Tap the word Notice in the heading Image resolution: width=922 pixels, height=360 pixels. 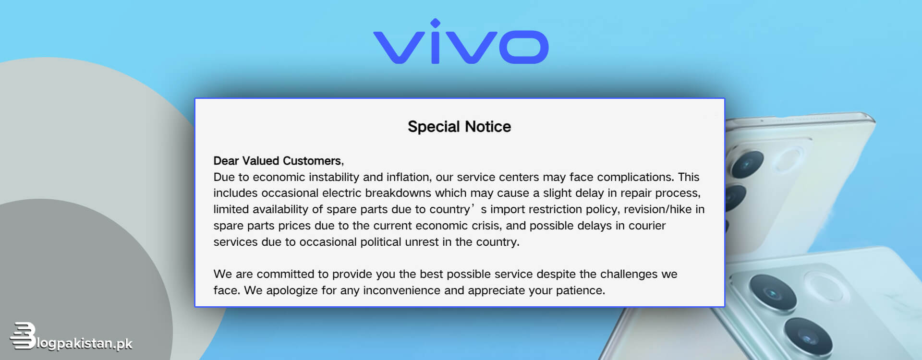488,127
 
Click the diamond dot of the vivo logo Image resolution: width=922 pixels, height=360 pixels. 435,23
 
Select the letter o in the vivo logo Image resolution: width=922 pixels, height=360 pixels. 523,47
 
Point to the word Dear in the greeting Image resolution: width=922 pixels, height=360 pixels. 226,161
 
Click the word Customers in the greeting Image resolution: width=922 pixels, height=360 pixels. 313,161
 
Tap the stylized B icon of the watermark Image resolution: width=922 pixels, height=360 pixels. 23,336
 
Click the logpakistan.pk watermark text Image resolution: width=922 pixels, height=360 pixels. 85,344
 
